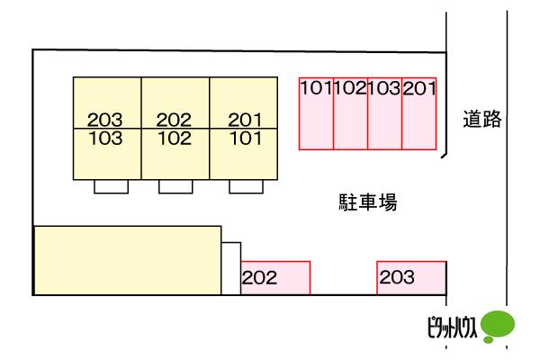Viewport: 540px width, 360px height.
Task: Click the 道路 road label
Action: (481, 119)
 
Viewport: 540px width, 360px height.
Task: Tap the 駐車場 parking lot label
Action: (368, 202)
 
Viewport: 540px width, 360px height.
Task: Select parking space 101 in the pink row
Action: (316, 113)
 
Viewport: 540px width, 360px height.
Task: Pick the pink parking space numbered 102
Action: (351, 113)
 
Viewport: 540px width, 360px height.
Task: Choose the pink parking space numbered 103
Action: (384, 113)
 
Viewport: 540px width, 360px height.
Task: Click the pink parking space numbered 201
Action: (419, 113)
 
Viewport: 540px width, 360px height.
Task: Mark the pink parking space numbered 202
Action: (275, 278)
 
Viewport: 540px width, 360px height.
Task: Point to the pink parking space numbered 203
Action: (411, 278)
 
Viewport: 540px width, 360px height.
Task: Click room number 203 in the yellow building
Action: (104, 120)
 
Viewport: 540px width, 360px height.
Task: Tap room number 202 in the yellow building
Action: (174, 120)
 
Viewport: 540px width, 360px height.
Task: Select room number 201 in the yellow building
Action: (245, 120)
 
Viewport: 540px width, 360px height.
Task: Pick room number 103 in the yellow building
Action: (105, 138)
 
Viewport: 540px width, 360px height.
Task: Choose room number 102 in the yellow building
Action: (175, 138)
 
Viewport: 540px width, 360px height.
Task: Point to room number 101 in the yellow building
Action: (246, 138)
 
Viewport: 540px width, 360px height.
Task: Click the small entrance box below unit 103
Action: (112, 186)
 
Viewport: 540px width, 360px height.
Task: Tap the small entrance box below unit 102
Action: (175, 186)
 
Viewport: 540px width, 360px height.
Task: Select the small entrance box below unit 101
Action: (247, 186)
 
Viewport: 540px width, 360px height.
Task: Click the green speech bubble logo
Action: (498, 326)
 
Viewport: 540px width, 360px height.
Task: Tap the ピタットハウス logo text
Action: (452, 327)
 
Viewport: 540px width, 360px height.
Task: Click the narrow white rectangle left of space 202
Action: (231, 269)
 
